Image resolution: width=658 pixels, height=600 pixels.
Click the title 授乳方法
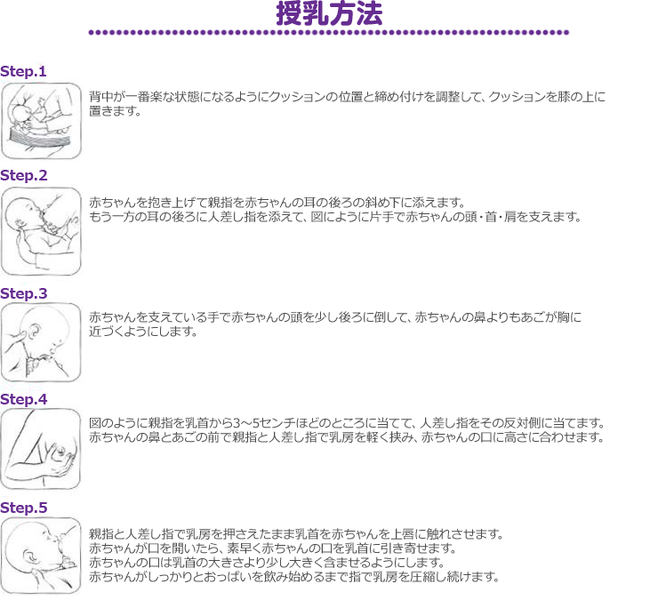329,13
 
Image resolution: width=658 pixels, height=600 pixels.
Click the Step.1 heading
23,71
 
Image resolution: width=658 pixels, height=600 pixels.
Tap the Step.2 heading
23,175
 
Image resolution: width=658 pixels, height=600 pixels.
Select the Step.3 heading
23,293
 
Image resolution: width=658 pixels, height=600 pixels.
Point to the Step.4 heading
23,399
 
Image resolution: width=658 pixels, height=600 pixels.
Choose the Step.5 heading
23,508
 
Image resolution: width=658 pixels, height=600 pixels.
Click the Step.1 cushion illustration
41,121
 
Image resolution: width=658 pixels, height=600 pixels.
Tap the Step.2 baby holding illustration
41,231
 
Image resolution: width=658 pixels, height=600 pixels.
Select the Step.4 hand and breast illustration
41,449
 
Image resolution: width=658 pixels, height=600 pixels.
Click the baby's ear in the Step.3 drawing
33,330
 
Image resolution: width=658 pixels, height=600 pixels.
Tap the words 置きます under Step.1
115,111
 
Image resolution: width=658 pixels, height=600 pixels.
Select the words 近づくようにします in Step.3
143,332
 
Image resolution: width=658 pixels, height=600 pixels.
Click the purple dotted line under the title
329,32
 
